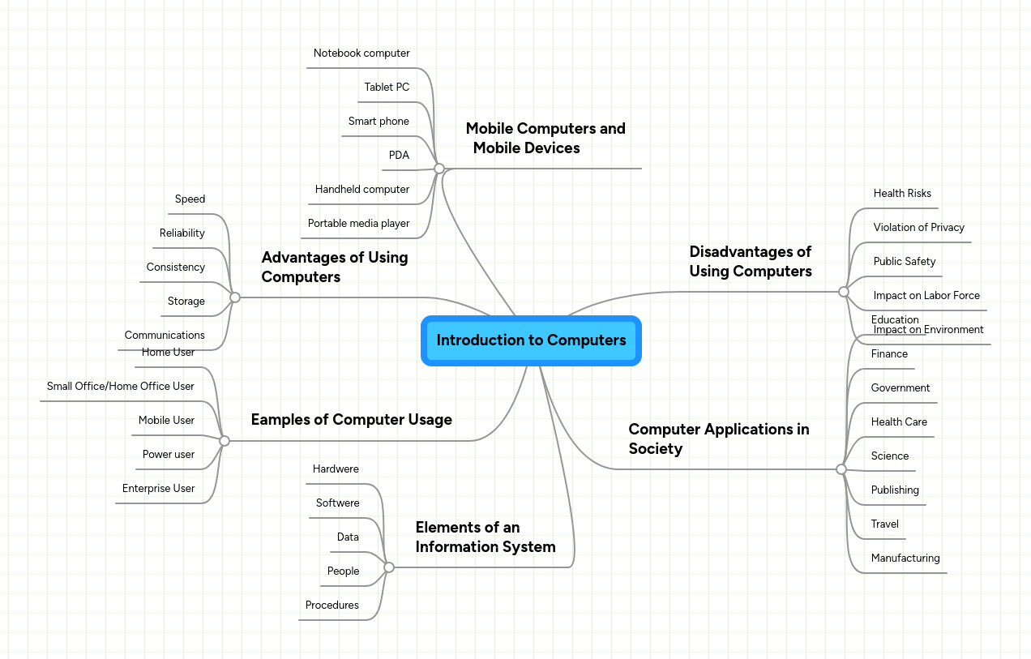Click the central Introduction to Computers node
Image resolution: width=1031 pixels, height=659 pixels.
[x=531, y=340]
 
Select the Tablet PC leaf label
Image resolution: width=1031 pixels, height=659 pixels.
[x=387, y=88]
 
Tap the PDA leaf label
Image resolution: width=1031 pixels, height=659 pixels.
[x=399, y=156]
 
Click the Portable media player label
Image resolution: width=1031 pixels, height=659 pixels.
[x=358, y=224]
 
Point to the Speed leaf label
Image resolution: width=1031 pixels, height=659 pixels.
[x=190, y=199]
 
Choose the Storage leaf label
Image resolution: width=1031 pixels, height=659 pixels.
[x=186, y=302]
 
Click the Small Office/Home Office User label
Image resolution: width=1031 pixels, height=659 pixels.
[x=120, y=387]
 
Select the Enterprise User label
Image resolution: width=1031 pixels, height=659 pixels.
[x=158, y=489]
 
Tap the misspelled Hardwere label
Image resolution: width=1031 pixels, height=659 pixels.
[x=336, y=469]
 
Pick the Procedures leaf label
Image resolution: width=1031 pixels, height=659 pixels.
[x=332, y=606]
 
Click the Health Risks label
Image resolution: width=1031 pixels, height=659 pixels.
[x=902, y=194]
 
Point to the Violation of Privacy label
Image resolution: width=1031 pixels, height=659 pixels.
[x=918, y=228]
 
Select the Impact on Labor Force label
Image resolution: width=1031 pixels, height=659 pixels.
[x=926, y=296]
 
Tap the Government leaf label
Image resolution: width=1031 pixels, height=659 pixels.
[x=900, y=388]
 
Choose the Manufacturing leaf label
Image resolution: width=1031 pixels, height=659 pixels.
[x=905, y=558]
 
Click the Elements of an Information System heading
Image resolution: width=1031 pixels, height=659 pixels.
[x=485, y=537]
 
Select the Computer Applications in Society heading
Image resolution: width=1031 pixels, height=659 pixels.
[x=718, y=439]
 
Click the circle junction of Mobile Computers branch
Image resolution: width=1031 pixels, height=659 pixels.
[x=439, y=169]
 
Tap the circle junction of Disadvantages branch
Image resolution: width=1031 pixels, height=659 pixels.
[x=844, y=292]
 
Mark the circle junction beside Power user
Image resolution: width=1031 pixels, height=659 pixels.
[x=225, y=441]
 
